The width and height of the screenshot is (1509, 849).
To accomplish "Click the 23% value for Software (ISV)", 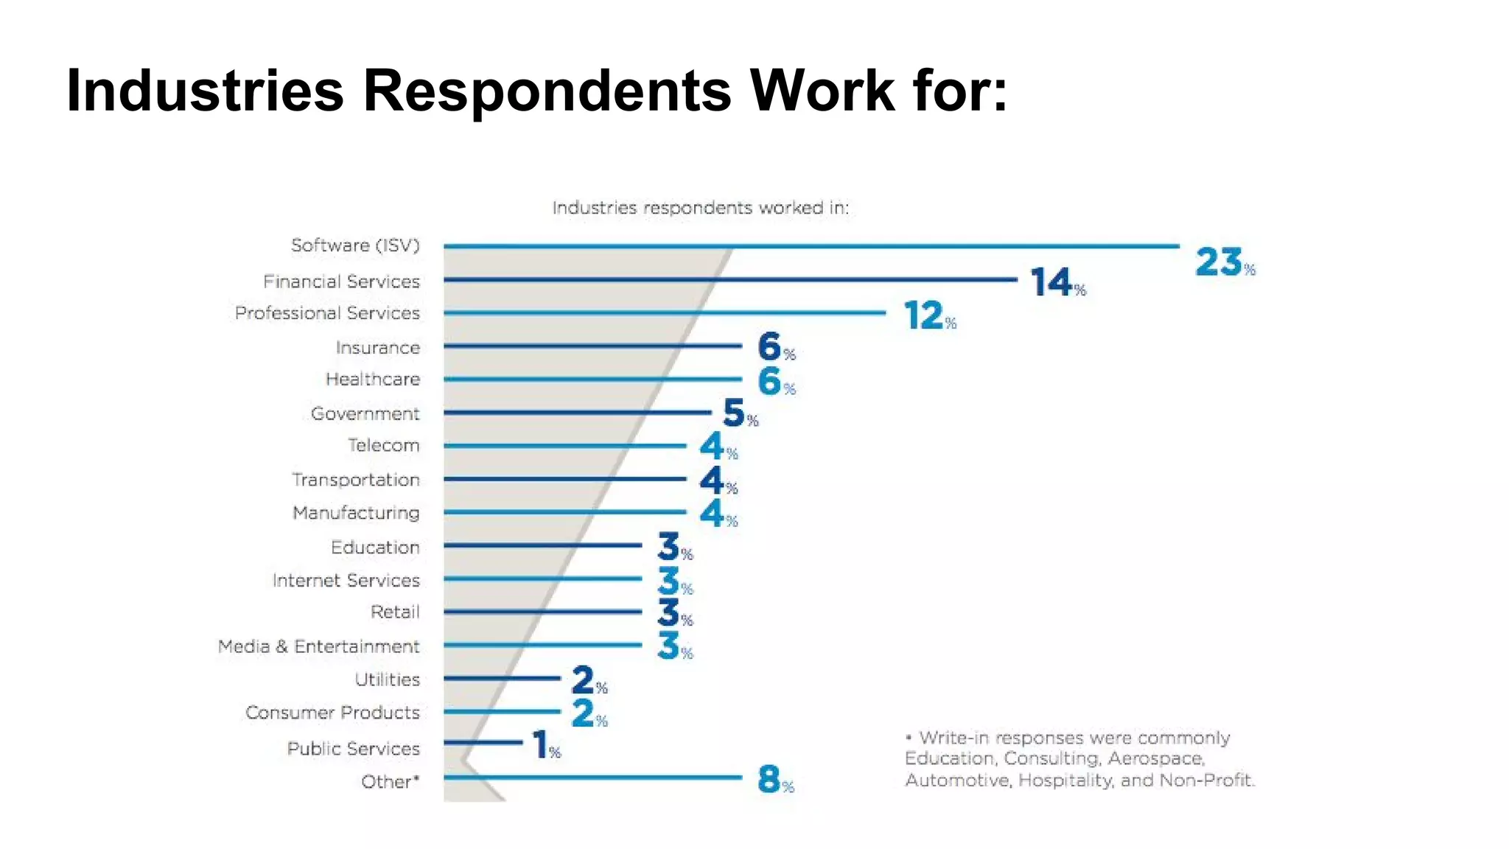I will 1223,263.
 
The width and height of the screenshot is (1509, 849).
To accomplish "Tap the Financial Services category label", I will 341,282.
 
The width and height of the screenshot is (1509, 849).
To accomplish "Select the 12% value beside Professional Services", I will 928,316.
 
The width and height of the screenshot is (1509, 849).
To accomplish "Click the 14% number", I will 1057,283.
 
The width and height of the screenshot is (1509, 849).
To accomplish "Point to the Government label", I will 365,413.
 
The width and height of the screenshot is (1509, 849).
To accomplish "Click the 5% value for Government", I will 739,413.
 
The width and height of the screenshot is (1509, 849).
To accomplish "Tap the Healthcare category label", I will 372,380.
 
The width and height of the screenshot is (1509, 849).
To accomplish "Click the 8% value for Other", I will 774,779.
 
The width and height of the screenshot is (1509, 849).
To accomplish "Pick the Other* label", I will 390,782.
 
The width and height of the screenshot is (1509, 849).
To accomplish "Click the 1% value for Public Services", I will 545,746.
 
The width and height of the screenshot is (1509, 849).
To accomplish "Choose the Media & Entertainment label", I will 318,646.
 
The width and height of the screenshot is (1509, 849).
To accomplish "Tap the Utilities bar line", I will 502,678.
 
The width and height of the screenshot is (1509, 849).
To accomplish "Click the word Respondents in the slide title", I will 547,91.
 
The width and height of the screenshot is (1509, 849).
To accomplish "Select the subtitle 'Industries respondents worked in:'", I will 700,208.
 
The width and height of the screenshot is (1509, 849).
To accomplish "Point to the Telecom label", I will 383,446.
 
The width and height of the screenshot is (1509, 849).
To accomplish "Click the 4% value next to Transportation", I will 717,481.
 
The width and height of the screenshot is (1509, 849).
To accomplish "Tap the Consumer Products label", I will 332,713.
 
